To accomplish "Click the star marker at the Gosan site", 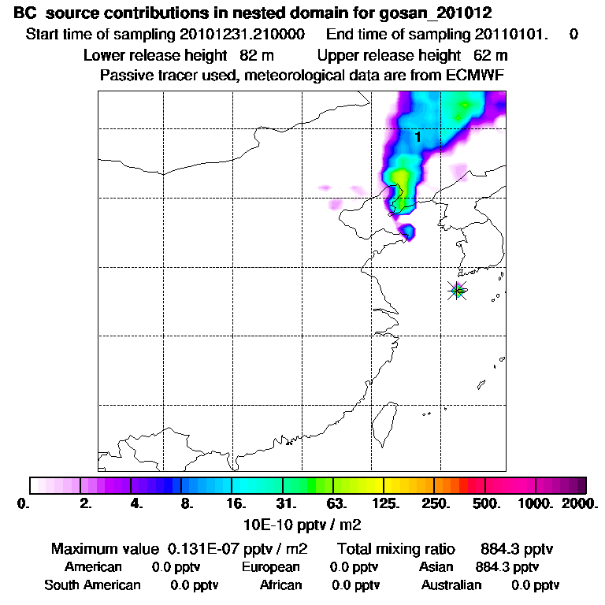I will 458,291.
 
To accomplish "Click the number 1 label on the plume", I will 418,137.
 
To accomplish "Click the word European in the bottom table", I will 270,567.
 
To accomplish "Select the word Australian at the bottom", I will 451,585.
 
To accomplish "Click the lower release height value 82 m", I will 251,56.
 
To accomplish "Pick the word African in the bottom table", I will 280,585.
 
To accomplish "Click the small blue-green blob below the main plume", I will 408,232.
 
